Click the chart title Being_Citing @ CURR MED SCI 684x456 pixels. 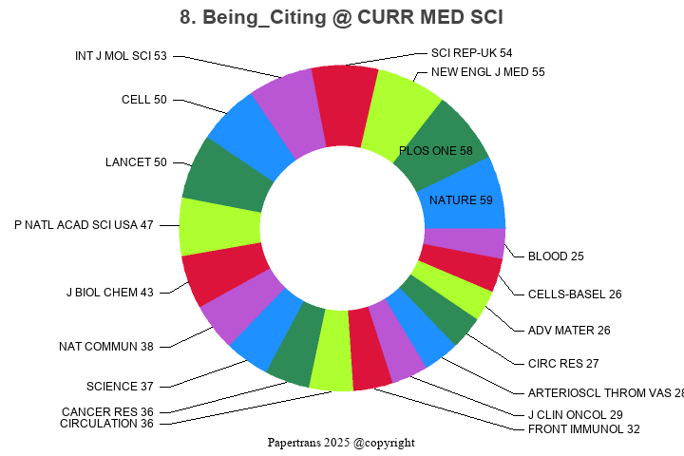342,17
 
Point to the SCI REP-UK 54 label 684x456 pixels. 471,53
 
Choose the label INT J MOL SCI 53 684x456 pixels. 121,56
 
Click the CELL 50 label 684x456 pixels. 144,100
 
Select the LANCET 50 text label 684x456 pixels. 136,162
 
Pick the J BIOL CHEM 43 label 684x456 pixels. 109,293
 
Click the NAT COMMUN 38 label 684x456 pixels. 105,347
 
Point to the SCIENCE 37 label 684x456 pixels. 120,387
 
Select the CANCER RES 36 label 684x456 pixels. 107,412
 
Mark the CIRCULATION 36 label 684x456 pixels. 106,424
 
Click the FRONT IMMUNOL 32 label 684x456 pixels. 583,429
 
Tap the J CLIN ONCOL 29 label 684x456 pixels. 575,415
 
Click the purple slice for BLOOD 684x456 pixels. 464,242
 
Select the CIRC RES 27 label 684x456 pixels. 563,364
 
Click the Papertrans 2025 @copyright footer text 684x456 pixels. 341,443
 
